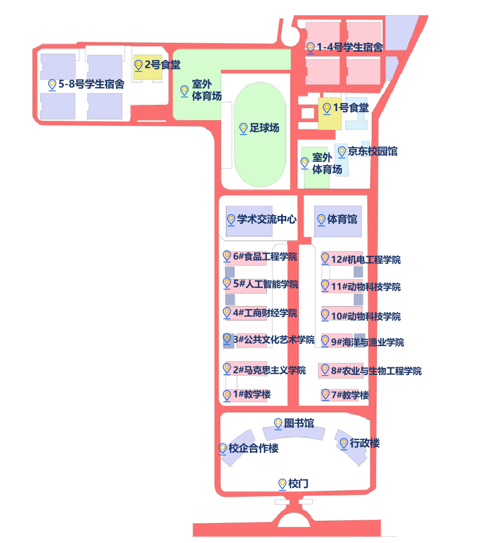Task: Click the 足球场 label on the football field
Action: [x=264, y=128]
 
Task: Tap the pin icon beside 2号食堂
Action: [x=139, y=65]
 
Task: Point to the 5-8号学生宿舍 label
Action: [x=92, y=84]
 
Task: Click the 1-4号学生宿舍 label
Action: [x=349, y=48]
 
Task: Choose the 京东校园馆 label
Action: [x=373, y=151]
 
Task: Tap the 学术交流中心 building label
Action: [x=267, y=219]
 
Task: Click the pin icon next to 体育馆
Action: [x=320, y=219]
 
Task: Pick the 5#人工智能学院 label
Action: [x=265, y=284]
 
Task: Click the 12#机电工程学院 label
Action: [x=365, y=259]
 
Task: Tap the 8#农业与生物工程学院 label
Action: [x=376, y=371]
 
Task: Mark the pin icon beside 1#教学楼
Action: [x=227, y=394]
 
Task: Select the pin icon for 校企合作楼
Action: [x=223, y=448]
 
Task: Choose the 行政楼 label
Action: [x=365, y=443]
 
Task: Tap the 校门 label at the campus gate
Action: [x=299, y=484]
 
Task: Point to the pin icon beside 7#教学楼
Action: [x=326, y=394]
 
